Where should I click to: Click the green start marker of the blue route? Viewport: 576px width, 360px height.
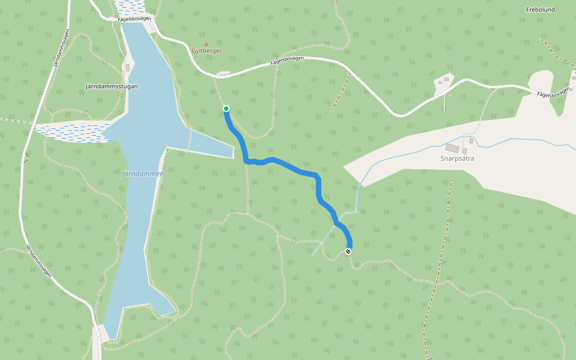(226, 109)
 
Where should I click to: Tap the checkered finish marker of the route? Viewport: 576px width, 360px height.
(349, 251)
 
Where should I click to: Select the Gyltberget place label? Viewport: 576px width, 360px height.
(206, 51)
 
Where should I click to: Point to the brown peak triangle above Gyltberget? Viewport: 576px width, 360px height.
(206, 44)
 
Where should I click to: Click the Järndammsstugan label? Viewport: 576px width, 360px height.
(112, 86)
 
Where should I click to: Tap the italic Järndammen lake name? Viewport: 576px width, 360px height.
(143, 173)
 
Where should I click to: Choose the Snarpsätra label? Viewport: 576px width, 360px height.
(457, 159)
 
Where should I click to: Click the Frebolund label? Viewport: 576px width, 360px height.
(540, 10)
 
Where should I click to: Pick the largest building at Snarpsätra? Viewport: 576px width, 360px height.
(452, 148)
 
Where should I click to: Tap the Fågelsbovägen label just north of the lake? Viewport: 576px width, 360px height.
(134, 19)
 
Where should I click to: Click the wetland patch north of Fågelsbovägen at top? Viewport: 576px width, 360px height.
(130, 7)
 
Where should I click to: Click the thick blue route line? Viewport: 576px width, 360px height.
(294, 169)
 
